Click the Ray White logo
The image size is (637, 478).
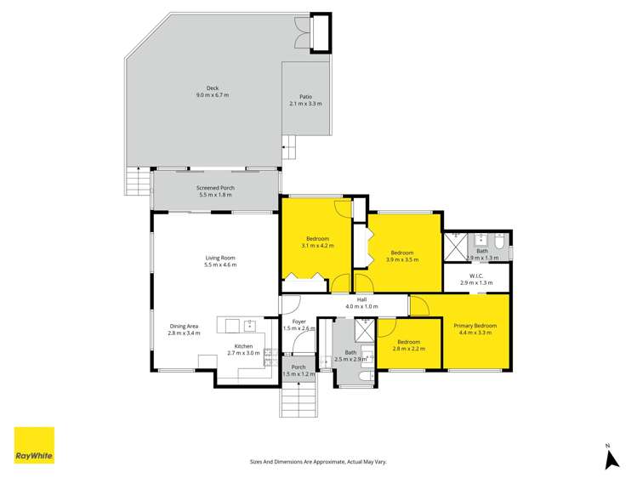click(34, 445)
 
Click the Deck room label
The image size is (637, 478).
click(212, 88)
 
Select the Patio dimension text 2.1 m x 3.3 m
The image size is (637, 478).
click(306, 104)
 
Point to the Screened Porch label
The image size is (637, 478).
click(216, 188)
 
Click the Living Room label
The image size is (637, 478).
click(220, 258)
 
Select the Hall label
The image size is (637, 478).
click(361, 299)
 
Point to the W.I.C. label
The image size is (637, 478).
click(475, 276)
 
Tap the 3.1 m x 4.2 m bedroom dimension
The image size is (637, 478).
click(317, 246)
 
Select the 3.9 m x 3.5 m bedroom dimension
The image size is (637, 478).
click(401, 259)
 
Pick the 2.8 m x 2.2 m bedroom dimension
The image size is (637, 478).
click(407, 349)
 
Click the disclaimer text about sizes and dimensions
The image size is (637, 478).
click(318, 461)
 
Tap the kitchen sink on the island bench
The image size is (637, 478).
click(251, 324)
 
